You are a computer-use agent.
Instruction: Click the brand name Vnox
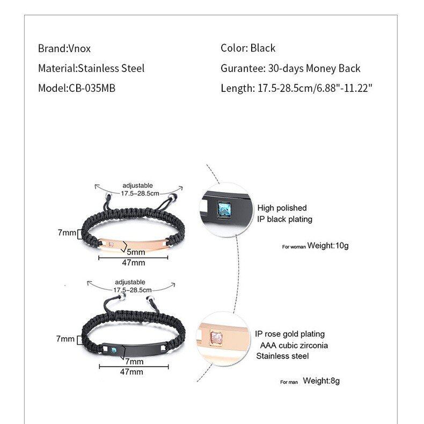(x=79, y=48)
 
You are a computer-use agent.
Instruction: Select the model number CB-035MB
(x=92, y=88)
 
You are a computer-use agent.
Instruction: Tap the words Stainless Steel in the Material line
(x=111, y=68)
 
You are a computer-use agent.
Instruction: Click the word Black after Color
(x=262, y=48)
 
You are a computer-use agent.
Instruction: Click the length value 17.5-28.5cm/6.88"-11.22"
(x=312, y=88)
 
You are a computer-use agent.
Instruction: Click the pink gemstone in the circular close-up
(x=216, y=337)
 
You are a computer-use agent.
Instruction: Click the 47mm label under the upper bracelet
(x=133, y=263)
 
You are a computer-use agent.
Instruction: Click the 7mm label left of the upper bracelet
(x=67, y=233)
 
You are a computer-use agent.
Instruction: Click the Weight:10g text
(x=327, y=246)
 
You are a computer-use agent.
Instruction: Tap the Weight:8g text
(x=321, y=381)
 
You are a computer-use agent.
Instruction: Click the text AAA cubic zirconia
(x=294, y=345)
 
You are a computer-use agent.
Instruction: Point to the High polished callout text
(x=282, y=208)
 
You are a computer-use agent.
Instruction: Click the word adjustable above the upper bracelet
(x=137, y=186)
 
